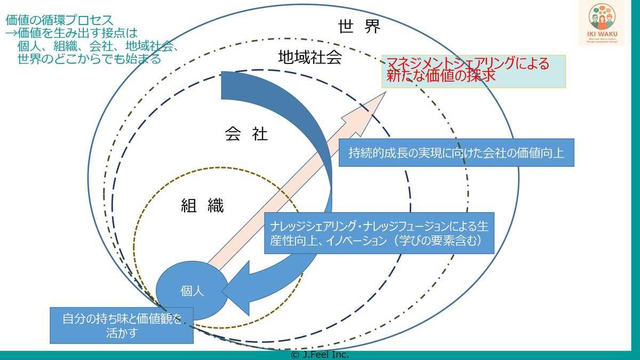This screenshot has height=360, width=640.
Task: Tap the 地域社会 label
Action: pyautogui.click(x=309, y=57)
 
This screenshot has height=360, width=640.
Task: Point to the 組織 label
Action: pyautogui.click(x=202, y=205)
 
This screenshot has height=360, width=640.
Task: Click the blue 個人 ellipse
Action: pyautogui.click(x=192, y=291)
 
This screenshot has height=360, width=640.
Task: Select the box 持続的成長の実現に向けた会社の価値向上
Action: pyautogui.click(x=456, y=153)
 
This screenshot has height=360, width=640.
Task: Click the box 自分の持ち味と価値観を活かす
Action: pyautogui.click(x=122, y=325)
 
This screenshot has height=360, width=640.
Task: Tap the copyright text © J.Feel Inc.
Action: pyautogui.click(x=319, y=355)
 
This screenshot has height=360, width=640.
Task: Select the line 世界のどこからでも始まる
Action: pyautogui.click(x=89, y=59)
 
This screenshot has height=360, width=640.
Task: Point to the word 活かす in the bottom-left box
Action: pyautogui.click(x=122, y=333)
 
